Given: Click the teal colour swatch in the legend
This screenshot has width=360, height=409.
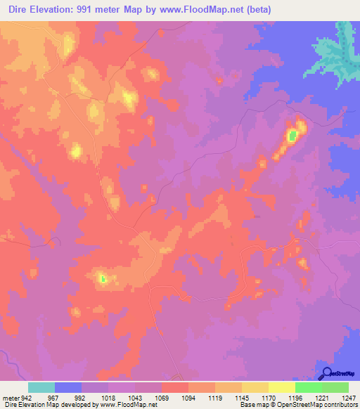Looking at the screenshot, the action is (x=41, y=387).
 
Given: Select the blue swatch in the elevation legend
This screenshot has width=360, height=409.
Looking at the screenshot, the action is (x=68, y=387).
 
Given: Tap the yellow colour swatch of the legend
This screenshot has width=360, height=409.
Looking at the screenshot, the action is (x=281, y=387).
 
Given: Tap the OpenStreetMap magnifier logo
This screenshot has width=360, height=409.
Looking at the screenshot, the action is (x=327, y=373).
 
